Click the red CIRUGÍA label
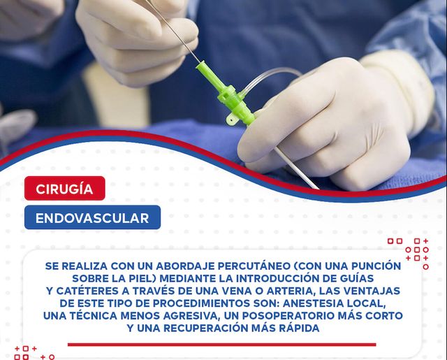point(64,189)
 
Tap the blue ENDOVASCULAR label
point(92,217)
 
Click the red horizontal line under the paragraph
point(221,344)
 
